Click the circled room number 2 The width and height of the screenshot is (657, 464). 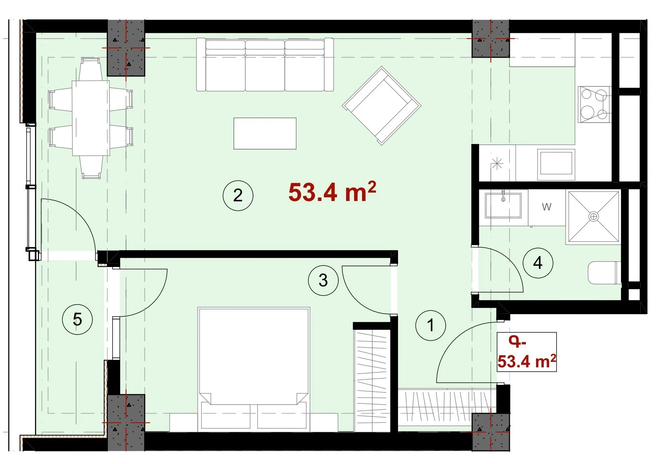click(x=238, y=196)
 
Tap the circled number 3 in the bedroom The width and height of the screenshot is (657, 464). click(x=323, y=281)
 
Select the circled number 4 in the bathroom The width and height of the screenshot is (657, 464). click(x=538, y=263)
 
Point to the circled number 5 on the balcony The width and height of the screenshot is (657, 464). click(x=77, y=320)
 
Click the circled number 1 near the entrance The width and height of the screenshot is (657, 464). click(x=430, y=325)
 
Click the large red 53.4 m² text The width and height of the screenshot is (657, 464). click(x=332, y=192)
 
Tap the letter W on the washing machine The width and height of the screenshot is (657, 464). click(x=546, y=207)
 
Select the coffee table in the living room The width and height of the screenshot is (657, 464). click(x=265, y=134)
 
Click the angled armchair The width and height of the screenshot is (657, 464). click(x=381, y=105)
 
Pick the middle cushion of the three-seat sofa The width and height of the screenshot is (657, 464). click(x=265, y=66)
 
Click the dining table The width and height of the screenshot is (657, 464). click(x=91, y=118)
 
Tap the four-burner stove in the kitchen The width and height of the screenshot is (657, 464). click(x=594, y=105)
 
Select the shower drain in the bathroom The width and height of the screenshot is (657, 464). click(x=594, y=217)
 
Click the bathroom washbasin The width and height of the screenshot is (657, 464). click(x=503, y=205)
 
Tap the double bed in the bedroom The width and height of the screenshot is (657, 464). click(x=254, y=369)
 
